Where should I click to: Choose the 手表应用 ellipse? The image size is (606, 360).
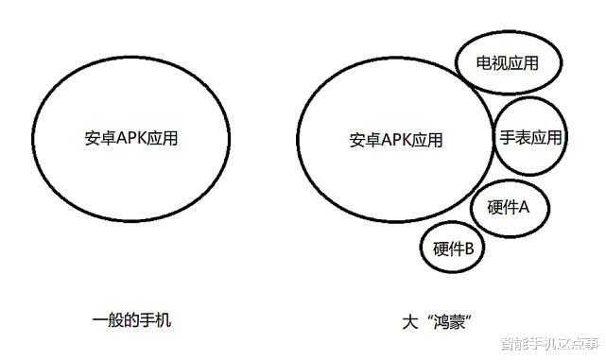530,138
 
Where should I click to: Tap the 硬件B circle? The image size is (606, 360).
454,249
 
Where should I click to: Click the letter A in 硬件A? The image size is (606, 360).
523,207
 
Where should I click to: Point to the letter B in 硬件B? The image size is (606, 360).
467,249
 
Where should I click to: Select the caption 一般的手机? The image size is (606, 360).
132,321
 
